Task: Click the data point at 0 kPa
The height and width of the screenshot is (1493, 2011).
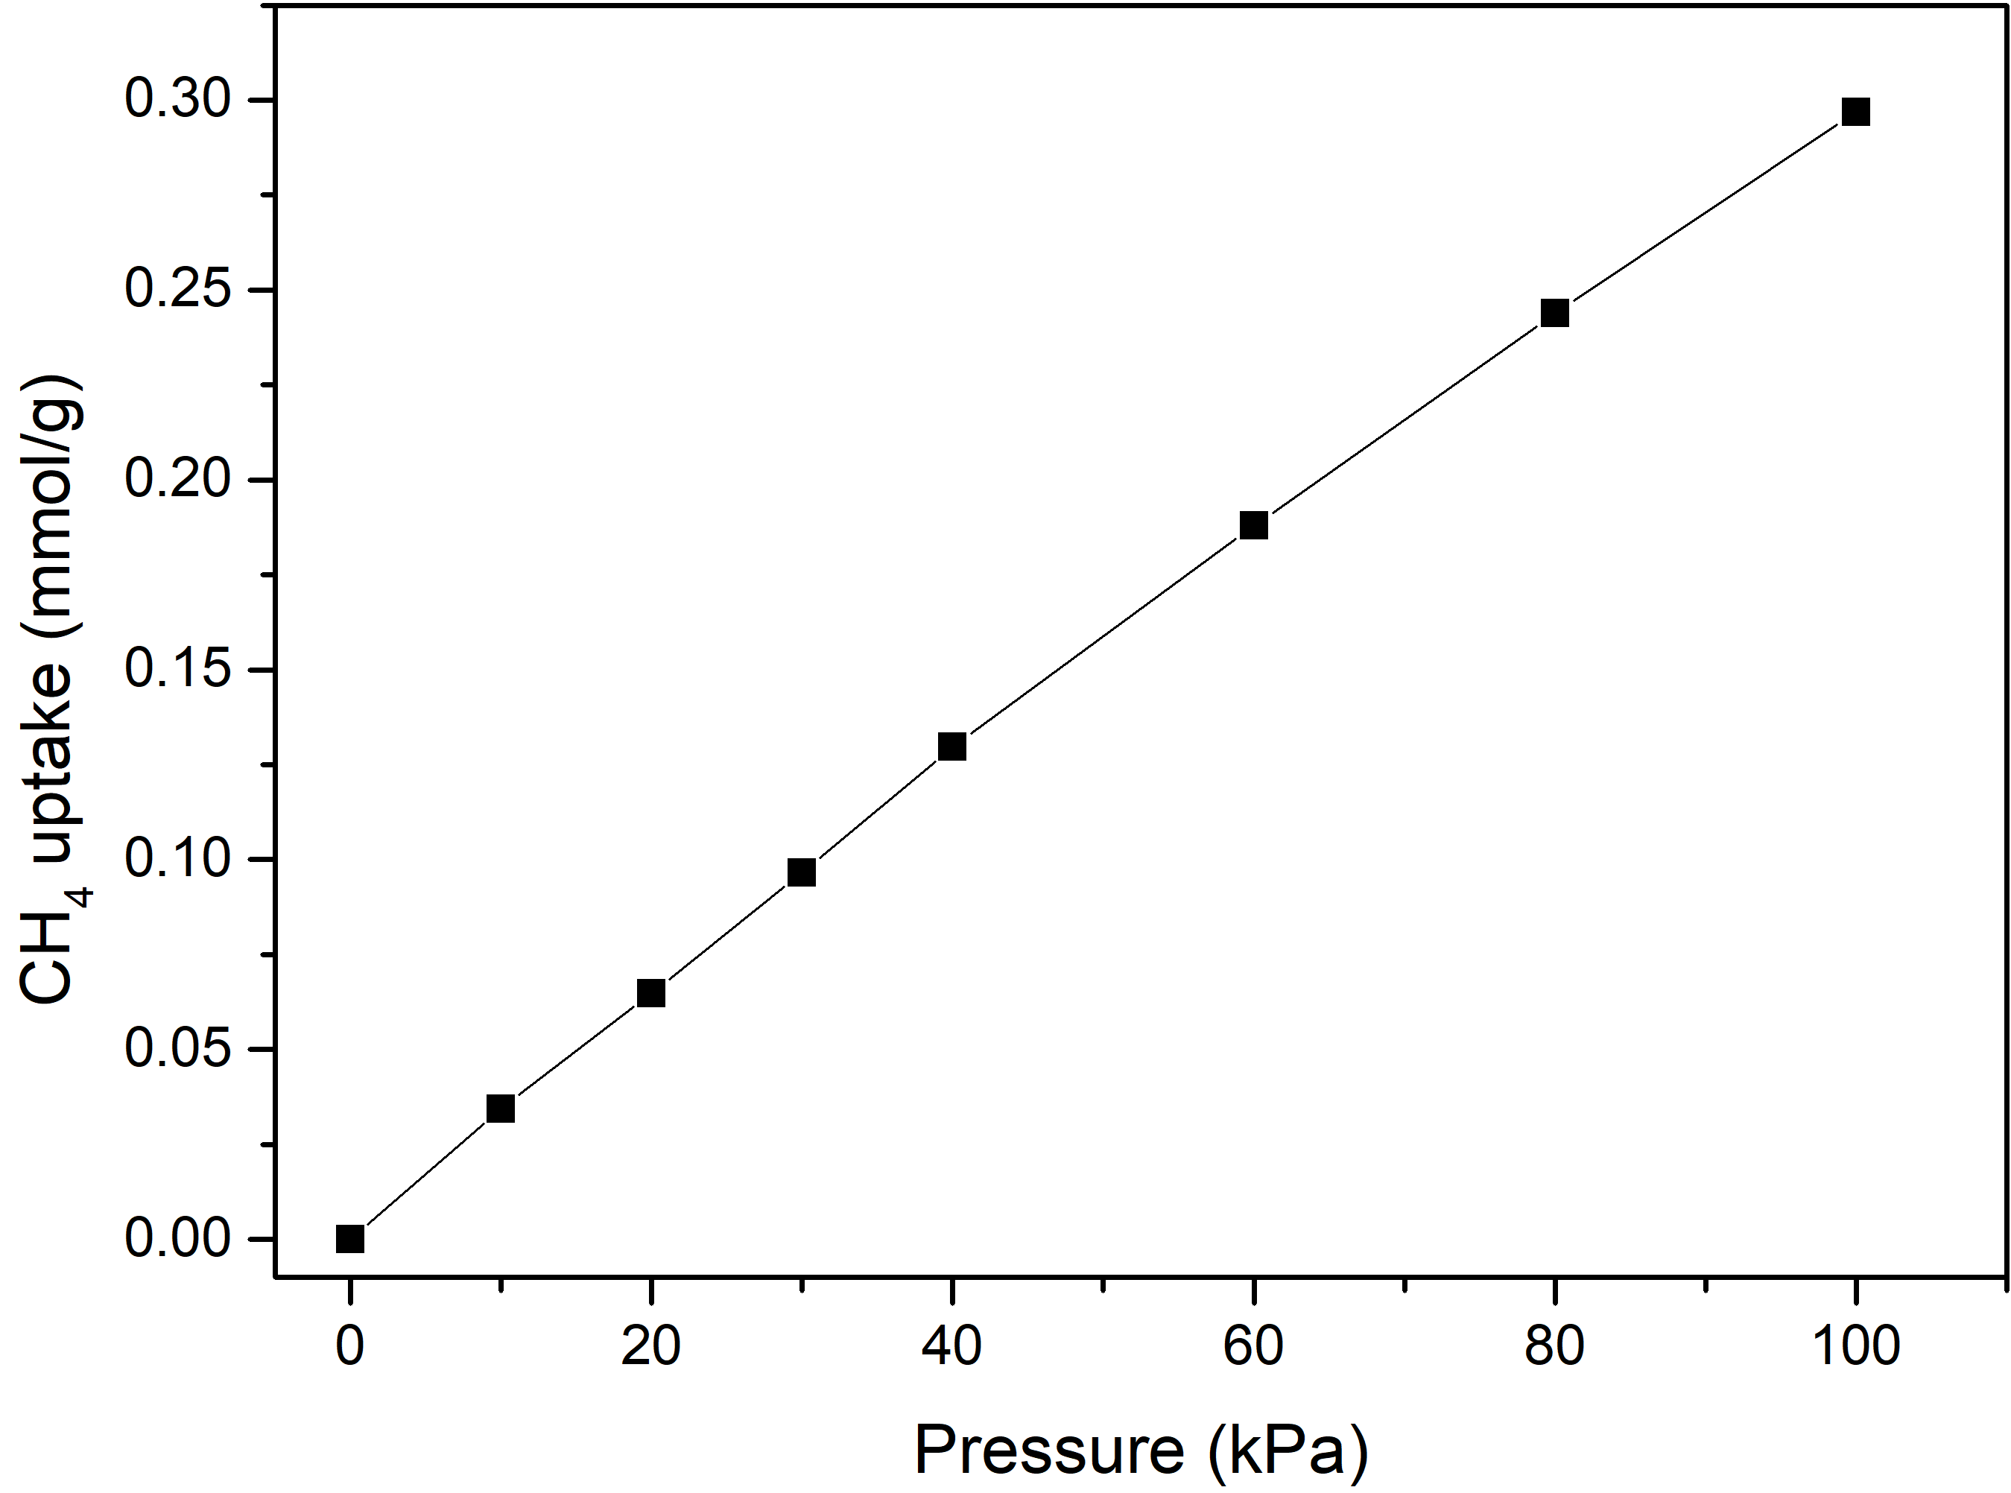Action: [349, 1239]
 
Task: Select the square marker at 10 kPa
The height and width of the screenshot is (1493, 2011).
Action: [501, 1109]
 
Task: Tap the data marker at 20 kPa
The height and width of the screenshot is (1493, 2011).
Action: [650, 993]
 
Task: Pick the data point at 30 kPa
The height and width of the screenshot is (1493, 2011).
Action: [802, 872]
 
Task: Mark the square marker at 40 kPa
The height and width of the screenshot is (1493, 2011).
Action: [951, 746]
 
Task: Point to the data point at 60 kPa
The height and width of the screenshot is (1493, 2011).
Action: [1253, 525]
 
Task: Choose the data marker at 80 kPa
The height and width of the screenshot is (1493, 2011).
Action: [1554, 314]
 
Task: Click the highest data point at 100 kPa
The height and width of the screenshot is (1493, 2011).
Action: [1855, 112]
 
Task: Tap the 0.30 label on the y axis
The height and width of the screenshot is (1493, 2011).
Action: [179, 98]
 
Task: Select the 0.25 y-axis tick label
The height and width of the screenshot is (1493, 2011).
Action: [179, 289]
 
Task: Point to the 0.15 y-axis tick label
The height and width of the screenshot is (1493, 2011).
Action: [179, 670]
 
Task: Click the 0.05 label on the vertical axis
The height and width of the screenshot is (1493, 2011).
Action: [179, 1049]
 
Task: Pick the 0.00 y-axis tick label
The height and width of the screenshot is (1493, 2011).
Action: [179, 1239]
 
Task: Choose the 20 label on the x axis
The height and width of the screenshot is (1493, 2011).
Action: [650, 1346]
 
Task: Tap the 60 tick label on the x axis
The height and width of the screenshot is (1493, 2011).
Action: [1253, 1346]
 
